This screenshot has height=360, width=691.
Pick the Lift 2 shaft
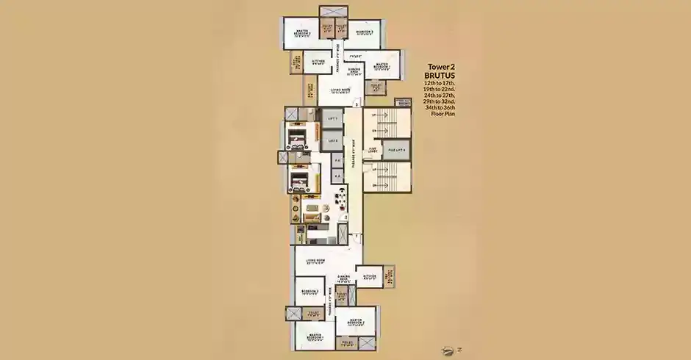click(x=332, y=140)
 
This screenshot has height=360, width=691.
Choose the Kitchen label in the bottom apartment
click(x=370, y=277)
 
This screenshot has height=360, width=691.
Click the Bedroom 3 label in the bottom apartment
click(x=310, y=292)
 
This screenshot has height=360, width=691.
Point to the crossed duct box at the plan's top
click(x=332, y=15)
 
